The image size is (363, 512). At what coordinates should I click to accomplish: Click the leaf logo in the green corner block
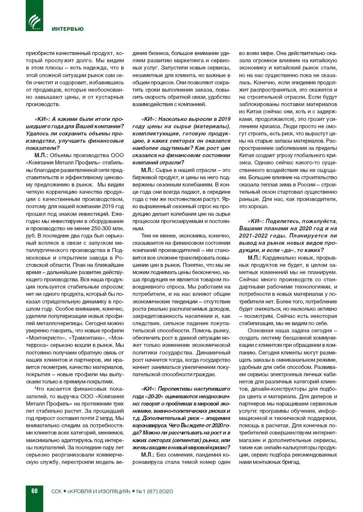click(34, 21)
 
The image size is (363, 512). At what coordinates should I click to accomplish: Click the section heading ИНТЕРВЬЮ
click(67, 29)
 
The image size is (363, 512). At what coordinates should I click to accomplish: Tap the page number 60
click(34, 491)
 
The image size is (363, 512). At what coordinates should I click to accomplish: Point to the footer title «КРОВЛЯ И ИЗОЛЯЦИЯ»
click(99, 491)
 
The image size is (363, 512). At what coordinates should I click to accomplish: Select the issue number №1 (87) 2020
click(154, 491)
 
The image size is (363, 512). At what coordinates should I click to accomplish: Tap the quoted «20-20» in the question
click(156, 396)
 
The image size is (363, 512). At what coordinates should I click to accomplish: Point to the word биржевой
click(145, 177)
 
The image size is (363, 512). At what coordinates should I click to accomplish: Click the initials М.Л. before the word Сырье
click(147, 170)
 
